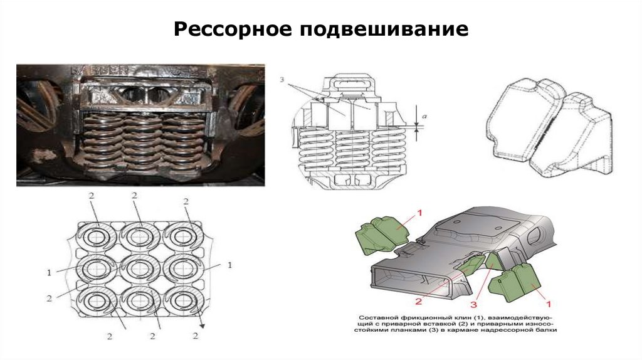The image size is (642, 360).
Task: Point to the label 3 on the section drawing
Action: pos(283,80)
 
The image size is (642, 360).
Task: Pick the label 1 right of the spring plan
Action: pos(229,266)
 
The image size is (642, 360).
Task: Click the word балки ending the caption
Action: pos(545,329)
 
